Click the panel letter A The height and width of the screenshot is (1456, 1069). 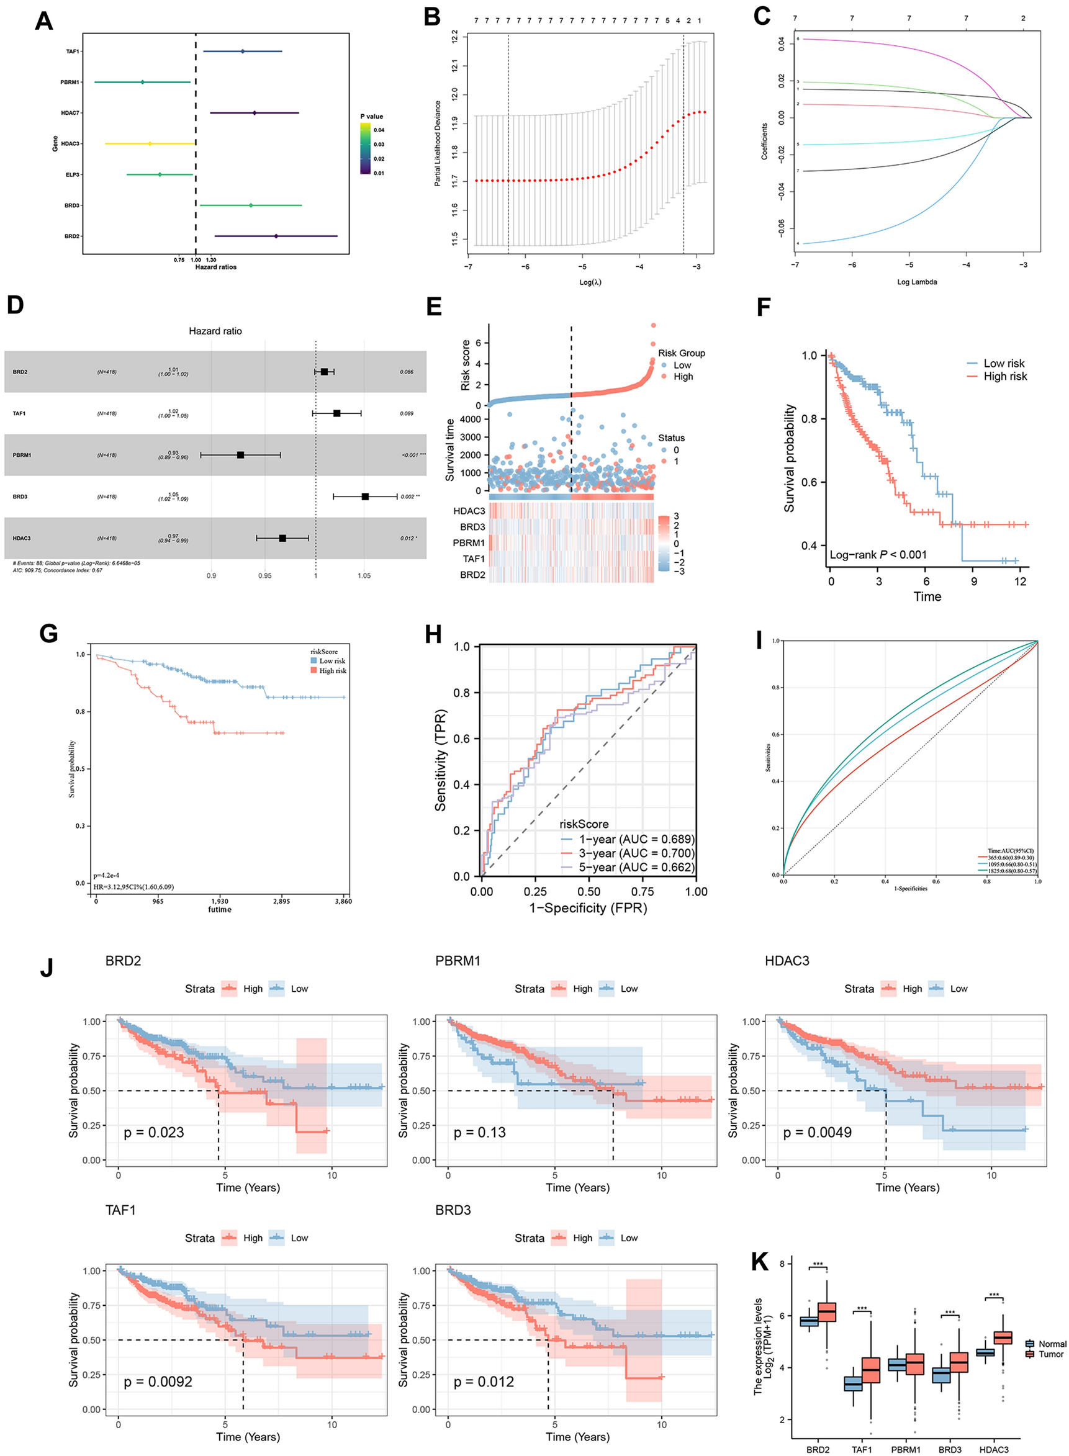pyautogui.click(x=43, y=21)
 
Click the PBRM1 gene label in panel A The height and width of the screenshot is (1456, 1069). pyautogui.click(x=70, y=82)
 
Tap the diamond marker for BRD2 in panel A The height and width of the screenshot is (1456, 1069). pyautogui.click(x=276, y=236)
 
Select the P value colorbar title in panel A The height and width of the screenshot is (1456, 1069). pyautogui.click(x=371, y=117)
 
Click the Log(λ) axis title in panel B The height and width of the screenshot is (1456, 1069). pyautogui.click(x=590, y=282)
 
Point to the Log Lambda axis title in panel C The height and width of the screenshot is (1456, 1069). pyautogui.click(x=916, y=282)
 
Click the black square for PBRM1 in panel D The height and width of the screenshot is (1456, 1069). pyautogui.click(x=241, y=455)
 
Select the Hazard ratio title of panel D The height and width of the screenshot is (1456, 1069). pyautogui.click(x=215, y=331)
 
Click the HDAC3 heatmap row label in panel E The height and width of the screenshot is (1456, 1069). pyautogui.click(x=469, y=511)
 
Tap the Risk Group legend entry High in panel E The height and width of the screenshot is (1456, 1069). pyautogui.click(x=683, y=377)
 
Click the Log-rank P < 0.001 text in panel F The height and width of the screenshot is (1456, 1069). pyautogui.click(x=877, y=554)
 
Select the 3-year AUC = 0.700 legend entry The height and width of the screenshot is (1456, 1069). pyautogui.click(x=636, y=853)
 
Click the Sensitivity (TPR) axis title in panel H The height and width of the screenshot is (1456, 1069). pyautogui.click(x=441, y=760)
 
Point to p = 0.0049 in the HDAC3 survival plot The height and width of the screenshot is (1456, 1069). pyautogui.click(x=818, y=1132)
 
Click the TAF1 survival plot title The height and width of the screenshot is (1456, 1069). pyautogui.click(x=120, y=1210)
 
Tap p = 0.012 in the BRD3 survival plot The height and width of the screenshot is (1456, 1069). pyautogui.click(x=484, y=1382)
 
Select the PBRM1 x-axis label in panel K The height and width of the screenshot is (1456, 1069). pyautogui.click(x=905, y=1449)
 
